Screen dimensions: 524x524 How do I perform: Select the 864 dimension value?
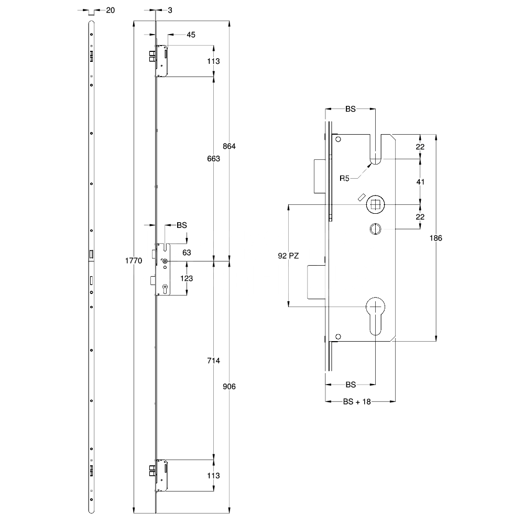click(230, 146)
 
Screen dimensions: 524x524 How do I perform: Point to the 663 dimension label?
click(213, 159)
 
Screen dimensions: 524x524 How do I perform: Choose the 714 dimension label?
click(213, 361)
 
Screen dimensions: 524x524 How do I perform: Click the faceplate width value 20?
click(111, 9)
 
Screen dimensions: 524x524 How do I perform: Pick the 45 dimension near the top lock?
click(191, 35)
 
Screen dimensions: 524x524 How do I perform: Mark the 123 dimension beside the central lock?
click(187, 279)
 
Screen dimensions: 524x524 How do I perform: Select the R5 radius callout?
click(344, 179)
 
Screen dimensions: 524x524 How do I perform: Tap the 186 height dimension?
click(436, 237)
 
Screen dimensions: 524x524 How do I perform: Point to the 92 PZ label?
click(288, 256)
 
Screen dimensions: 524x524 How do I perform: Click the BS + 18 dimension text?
click(357, 402)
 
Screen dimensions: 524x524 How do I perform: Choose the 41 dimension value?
click(420, 182)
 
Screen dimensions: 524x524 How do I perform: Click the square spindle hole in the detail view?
click(375, 204)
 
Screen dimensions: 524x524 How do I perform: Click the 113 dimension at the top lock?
click(213, 61)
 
